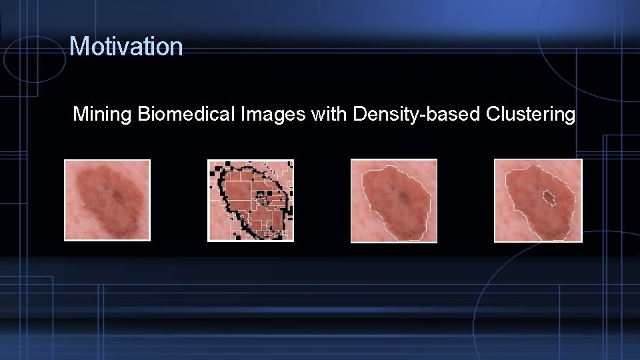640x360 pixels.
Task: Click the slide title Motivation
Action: point(126,46)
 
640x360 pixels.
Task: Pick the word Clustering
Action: point(531,115)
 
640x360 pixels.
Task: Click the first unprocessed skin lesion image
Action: point(107,200)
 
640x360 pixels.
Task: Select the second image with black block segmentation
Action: point(251,200)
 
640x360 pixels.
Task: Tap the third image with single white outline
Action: point(394,201)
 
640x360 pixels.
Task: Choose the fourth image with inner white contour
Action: point(538,200)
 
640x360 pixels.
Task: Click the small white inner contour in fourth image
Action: point(548,197)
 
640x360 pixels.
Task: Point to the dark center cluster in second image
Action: point(261,197)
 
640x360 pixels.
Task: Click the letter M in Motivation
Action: point(78,47)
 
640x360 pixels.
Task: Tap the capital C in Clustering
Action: point(493,114)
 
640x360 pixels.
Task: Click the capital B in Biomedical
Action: point(143,114)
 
